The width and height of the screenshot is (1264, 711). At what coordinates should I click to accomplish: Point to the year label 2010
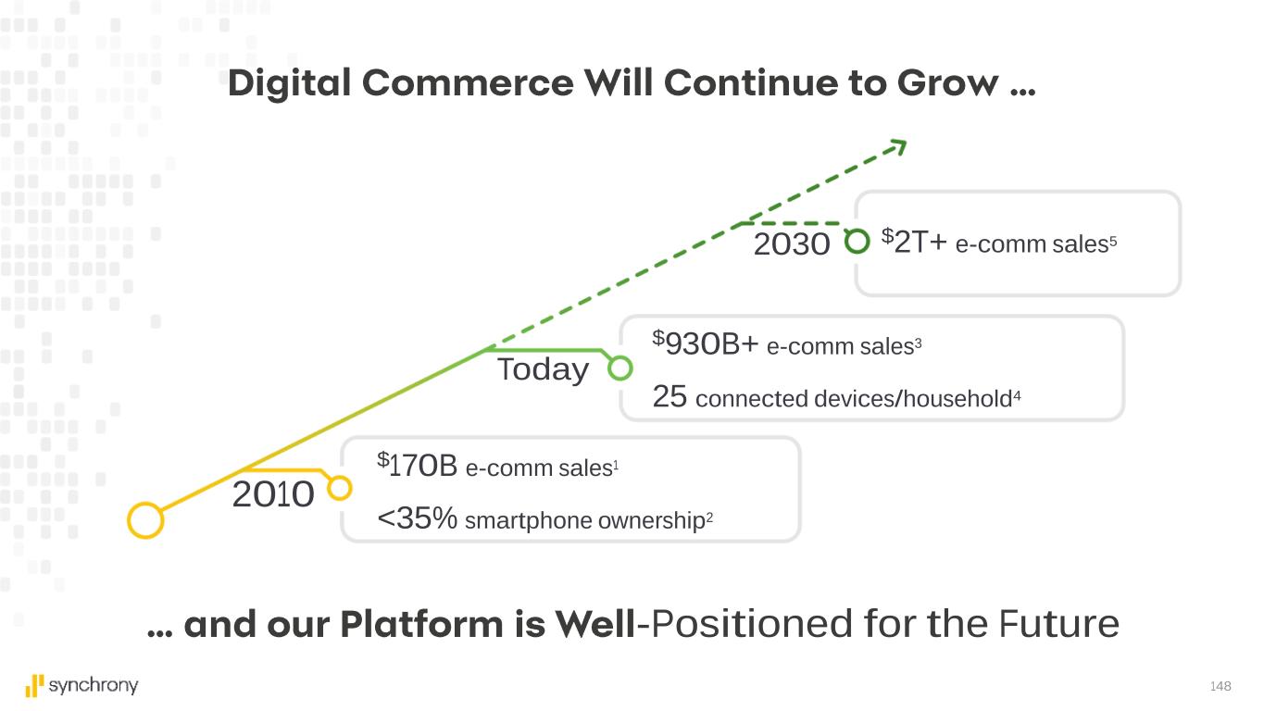[273, 494]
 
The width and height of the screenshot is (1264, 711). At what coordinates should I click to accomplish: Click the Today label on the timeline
[543, 369]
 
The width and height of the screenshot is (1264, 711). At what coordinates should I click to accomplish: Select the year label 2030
[792, 243]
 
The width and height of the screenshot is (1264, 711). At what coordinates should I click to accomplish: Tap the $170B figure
[417, 466]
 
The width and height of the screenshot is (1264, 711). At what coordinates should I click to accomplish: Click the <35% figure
[417, 518]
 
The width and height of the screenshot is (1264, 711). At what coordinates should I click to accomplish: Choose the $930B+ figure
[706, 343]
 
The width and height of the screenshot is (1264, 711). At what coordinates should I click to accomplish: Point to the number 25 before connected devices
[670, 396]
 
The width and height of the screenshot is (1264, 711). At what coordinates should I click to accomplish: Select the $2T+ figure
[914, 241]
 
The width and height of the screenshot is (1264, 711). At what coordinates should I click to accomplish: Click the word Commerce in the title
[468, 83]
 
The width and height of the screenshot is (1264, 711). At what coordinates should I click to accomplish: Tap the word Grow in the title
[948, 83]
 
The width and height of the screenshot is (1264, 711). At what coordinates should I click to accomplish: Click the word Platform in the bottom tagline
[421, 625]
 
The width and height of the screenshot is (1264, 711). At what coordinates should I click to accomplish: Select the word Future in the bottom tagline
[1058, 624]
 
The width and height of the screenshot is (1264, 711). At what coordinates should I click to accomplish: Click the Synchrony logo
[81, 686]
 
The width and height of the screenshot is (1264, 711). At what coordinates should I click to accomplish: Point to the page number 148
[1220, 686]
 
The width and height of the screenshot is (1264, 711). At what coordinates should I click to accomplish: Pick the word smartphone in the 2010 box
[528, 521]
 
